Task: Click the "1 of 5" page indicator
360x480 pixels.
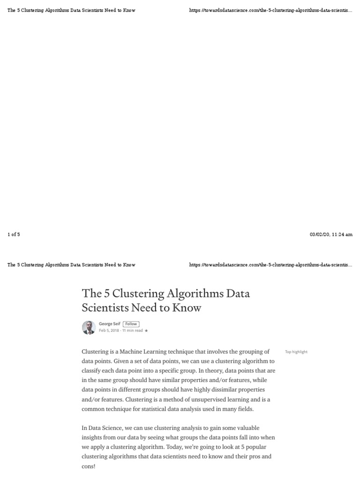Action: coord(14,234)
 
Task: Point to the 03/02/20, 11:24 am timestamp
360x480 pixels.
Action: coord(331,234)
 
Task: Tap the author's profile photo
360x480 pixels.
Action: coord(89,327)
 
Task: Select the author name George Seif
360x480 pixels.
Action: coord(109,324)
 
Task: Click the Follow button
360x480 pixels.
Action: coord(131,324)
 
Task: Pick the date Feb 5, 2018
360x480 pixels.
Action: coord(109,330)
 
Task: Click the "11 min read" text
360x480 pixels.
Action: coord(133,330)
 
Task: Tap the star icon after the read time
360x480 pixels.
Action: coord(146,330)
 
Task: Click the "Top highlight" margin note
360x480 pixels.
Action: coord(296,352)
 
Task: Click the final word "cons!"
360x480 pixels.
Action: coord(89,466)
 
